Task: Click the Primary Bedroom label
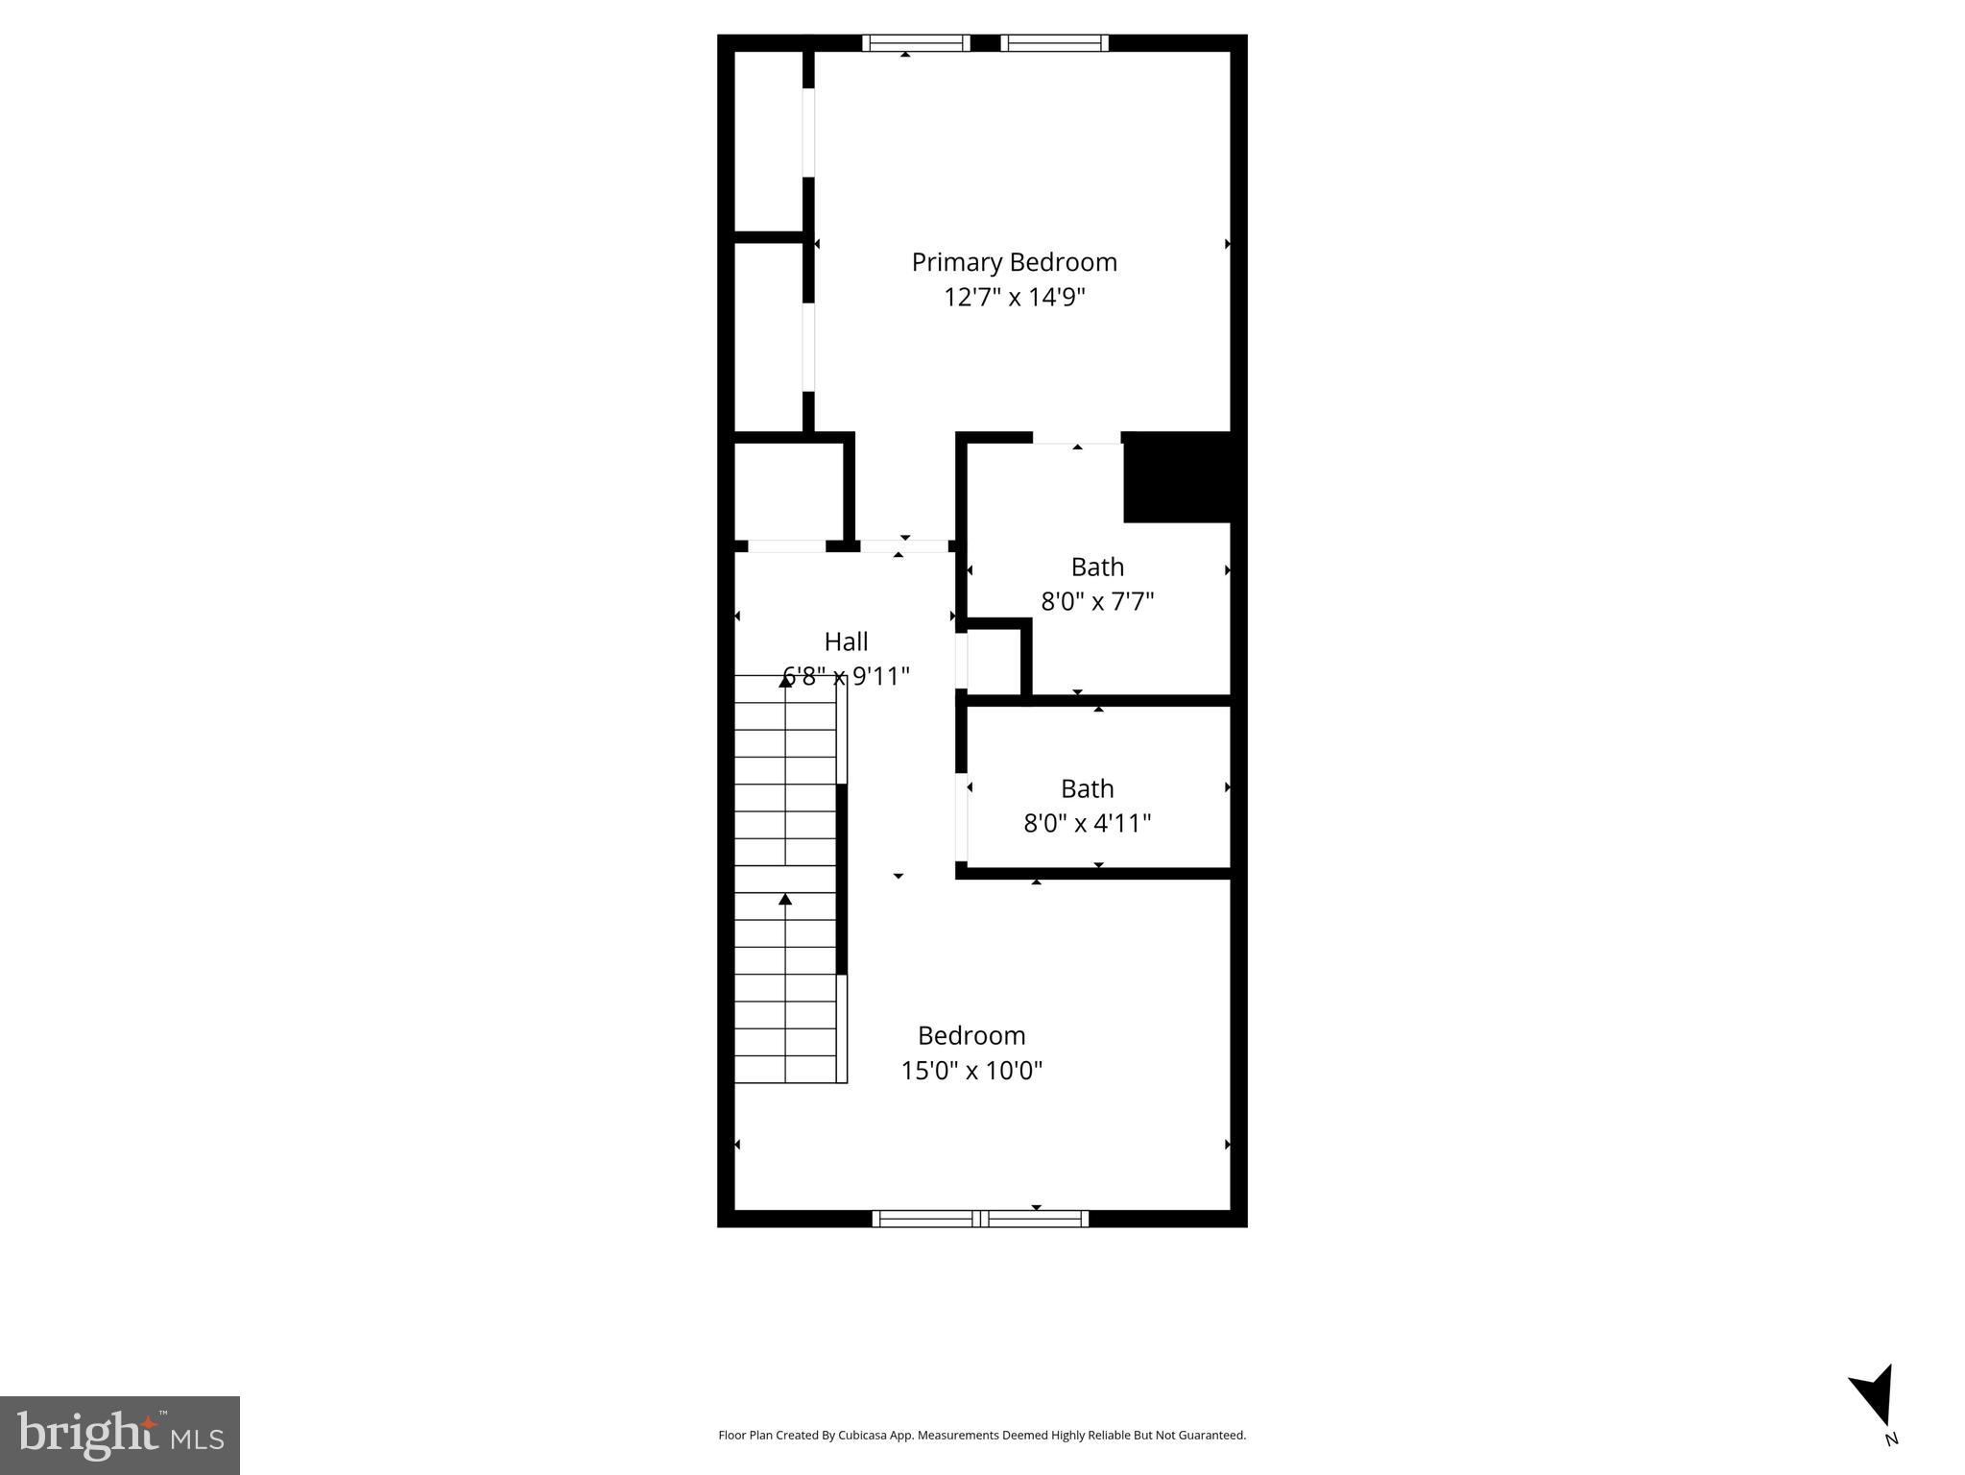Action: click(x=1014, y=262)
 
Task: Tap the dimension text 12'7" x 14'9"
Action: click(x=1014, y=297)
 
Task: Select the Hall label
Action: click(x=846, y=641)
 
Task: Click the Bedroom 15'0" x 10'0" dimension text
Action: click(x=971, y=1070)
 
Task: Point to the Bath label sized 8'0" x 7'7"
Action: click(x=1097, y=567)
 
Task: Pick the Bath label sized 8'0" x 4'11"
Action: click(x=1087, y=788)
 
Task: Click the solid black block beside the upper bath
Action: click(x=1177, y=477)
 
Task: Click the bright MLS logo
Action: click(x=120, y=1435)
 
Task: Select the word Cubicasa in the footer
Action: click(x=861, y=1436)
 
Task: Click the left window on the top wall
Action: click(x=916, y=43)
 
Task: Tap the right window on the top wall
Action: click(x=1054, y=43)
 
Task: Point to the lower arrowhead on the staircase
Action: click(x=785, y=900)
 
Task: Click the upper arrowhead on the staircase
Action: click(x=785, y=682)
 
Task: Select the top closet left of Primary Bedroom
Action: click(x=768, y=141)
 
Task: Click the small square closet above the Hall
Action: click(x=788, y=491)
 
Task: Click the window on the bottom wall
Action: click(x=980, y=1219)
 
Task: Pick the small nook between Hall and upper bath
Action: click(x=994, y=662)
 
